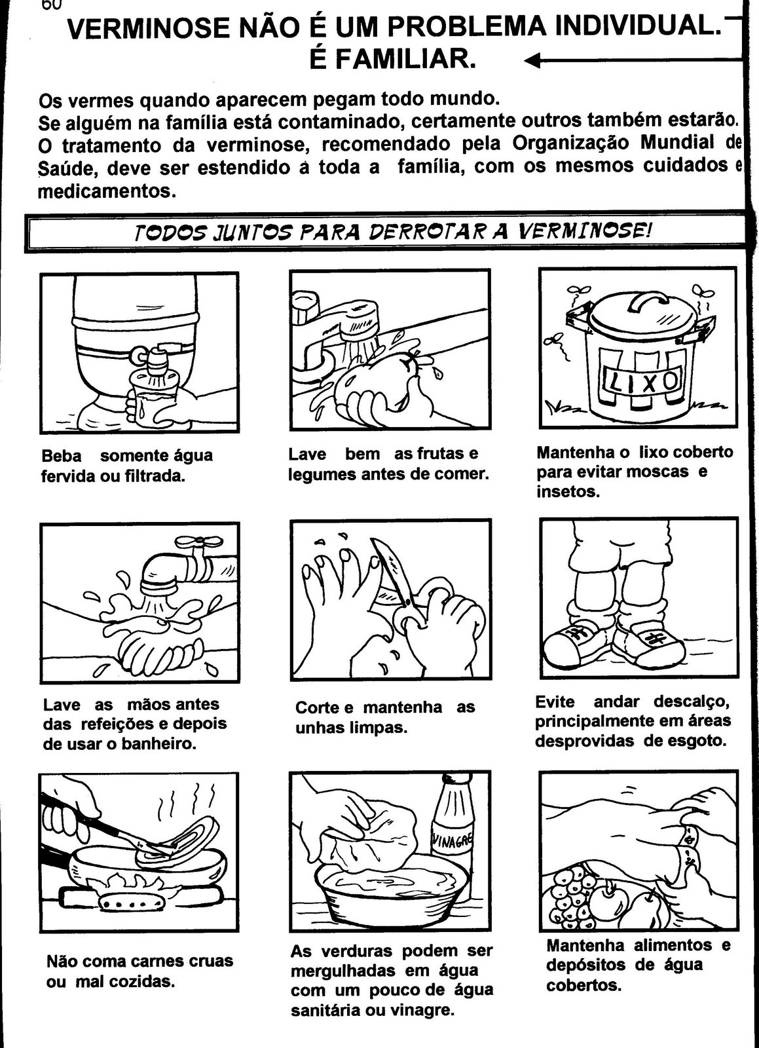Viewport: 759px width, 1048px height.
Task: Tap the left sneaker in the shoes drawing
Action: pyautogui.click(x=580, y=643)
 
